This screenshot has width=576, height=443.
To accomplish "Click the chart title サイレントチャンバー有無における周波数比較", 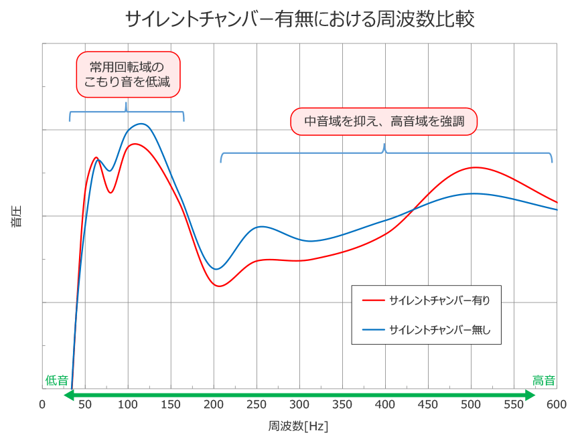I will tap(299, 19).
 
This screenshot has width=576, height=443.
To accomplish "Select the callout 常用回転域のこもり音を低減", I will tap(127, 75).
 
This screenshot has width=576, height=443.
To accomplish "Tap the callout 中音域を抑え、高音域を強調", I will tap(384, 122).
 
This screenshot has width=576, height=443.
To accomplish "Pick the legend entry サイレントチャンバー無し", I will tap(439, 329).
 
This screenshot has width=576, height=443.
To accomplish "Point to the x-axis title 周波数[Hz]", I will tap(298, 426).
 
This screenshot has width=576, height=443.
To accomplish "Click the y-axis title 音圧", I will tap(16, 216).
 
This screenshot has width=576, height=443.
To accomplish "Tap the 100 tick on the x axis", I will tap(128, 404).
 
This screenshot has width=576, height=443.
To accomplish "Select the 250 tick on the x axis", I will tap(257, 404).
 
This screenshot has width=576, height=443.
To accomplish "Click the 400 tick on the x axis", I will tap(385, 404).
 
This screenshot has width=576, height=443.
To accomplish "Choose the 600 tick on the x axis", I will tap(556, 404).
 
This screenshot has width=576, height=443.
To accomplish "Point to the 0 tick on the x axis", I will tap(42, 404).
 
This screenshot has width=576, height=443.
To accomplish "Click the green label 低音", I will tap(56, 380).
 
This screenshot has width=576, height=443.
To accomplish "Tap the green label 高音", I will tap(544, 380).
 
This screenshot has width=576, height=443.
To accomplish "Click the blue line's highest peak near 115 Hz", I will tap(141, 124).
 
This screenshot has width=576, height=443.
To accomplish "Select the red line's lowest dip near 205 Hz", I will tap(218, 286).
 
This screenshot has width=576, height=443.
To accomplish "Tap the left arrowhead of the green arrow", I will tap(68, 395).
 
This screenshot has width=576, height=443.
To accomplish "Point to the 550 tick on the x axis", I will tap(514, 404).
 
